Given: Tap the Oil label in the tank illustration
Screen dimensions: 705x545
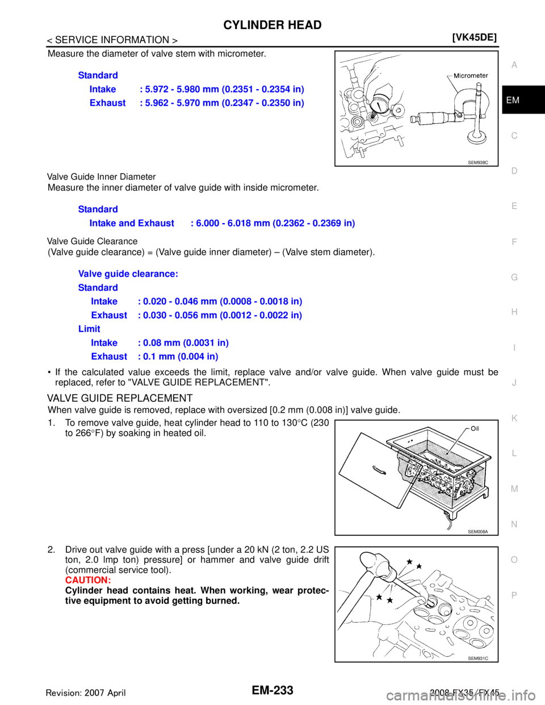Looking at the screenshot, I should (x=474, y=428).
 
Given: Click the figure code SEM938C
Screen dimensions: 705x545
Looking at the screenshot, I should (x=478, y=162).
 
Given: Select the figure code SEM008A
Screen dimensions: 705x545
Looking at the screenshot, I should (x=478, y=532).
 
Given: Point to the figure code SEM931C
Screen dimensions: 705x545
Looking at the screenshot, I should (x=478, y=658).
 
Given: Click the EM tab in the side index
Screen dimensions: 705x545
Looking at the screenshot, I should (x=513, y=100).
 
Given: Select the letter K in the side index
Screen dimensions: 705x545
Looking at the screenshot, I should (x=514, y=418).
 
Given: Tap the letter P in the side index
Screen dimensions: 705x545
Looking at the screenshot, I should (x=514, y=595).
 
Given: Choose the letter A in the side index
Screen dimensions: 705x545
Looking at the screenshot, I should (x=514, y=65).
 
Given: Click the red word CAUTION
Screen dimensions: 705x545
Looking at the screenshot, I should (x=88, y=581).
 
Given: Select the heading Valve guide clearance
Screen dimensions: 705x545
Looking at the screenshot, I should (x=128, y=274).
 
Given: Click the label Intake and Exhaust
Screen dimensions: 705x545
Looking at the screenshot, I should (x=132, y=224).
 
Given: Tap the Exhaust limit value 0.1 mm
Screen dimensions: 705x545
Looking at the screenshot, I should (x=178, y=357).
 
